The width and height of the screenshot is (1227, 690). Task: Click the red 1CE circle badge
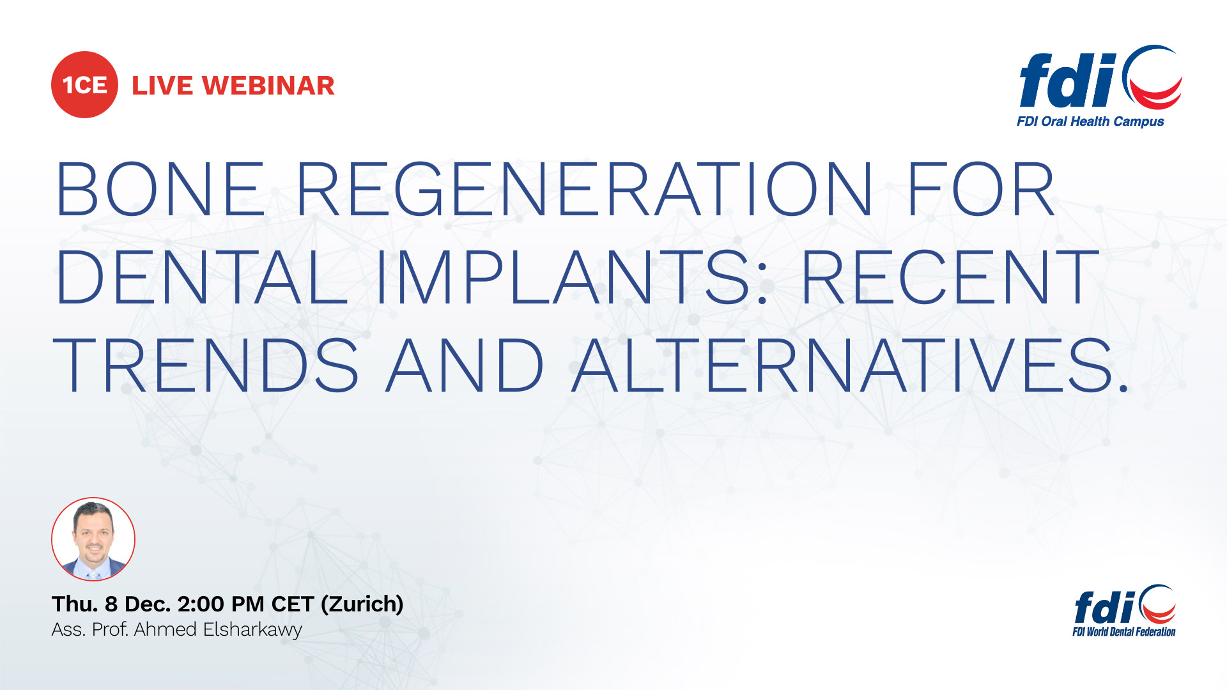click(84, 84)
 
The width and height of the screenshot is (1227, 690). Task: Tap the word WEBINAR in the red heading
click(268, 86)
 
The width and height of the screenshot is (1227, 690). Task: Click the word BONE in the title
click(160, 188)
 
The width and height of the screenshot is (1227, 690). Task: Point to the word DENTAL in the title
click(201, 277)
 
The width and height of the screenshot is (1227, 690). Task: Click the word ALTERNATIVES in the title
click(850, 365)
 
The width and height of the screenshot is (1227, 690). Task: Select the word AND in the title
click(465, 365)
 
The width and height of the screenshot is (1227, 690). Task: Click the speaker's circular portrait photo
click(93, 539)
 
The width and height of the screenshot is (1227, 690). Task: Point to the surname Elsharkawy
click(252, 630)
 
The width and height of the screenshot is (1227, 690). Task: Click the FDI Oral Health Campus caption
click(1090, 121)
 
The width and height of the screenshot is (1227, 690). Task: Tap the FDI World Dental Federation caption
click(1124, 632)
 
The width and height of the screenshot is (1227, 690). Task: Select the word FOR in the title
click(980, 188)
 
